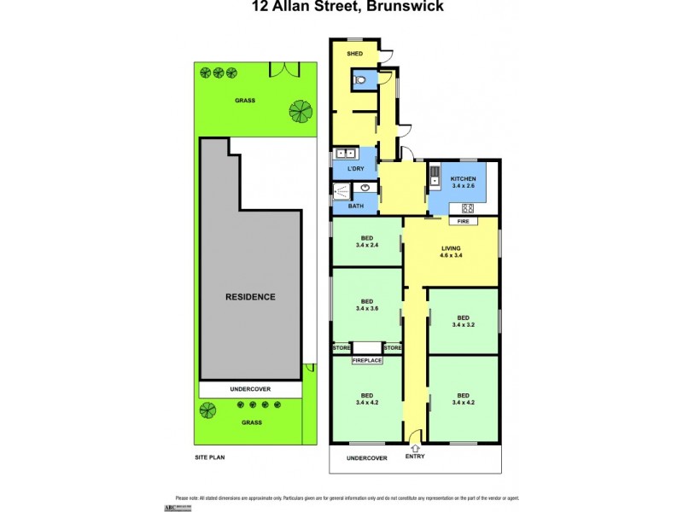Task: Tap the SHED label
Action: click(x=356, y=53)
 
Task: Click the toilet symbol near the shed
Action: click(x=361, y=79)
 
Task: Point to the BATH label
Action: click(x=355, y=206)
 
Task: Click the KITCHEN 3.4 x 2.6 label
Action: click(x=463, y=182)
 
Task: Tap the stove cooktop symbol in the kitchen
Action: click(x=468, y=207)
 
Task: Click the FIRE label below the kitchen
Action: click(x=464, y=221)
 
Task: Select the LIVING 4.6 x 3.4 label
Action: click(x=451, y=251)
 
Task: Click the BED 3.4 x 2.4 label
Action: click(x=366, y=241)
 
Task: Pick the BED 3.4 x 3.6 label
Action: click(x=366, y=305)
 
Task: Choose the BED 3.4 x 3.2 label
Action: click(x=463, y=321)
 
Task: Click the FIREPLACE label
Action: click(x=367, y=360)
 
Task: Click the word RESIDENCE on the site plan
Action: click(x=250, y=297)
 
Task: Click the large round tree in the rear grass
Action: click(x=300, y=110)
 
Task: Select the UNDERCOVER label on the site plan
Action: click(x=250, y=389)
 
